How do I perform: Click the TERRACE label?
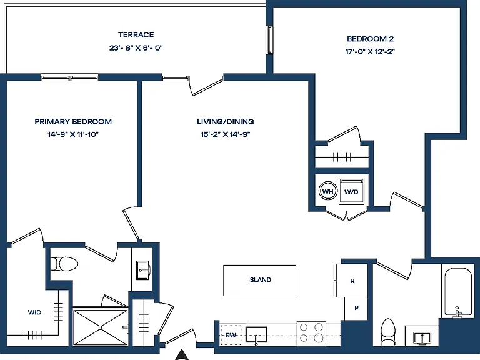click(136, 35)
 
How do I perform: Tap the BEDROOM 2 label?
click(370, 39)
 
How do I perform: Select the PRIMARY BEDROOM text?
click(73, 121)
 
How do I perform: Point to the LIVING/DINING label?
click(225, 121)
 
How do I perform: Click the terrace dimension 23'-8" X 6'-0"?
click(136, 47)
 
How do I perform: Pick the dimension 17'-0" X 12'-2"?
click(370, 52)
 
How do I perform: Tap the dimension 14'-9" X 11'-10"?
click(73, 134)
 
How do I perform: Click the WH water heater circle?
click(328, 192)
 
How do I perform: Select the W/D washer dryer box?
click(351, 191)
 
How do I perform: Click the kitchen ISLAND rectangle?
click(259, 281)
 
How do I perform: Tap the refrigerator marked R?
click(351, 281)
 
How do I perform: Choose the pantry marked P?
click(356, 309)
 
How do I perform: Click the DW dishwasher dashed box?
click(231, 335)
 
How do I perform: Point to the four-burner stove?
click(311, 332)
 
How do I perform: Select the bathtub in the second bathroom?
click(458, 292)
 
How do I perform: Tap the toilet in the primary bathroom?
click(64, 264)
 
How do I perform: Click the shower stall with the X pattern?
click(101, 327)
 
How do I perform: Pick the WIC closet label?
click(34, 312)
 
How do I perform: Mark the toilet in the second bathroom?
click(388, 332)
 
